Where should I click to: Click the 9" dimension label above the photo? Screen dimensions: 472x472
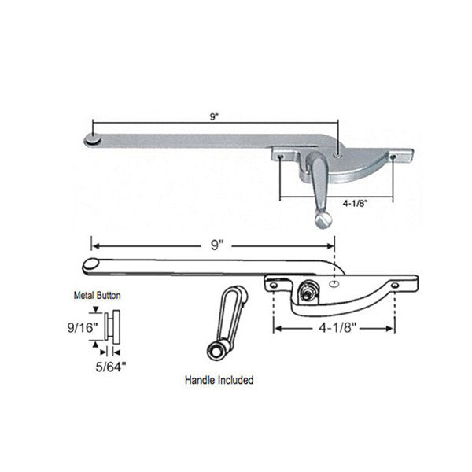[x=215, y=116]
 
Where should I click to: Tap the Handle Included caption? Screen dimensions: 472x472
[x=219, y=381]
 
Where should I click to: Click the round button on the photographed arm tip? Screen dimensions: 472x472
[x=91, y=139]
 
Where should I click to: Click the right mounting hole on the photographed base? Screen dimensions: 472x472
[x=391, y=157]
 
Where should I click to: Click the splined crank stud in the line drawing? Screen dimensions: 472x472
[x=307, y=292]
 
